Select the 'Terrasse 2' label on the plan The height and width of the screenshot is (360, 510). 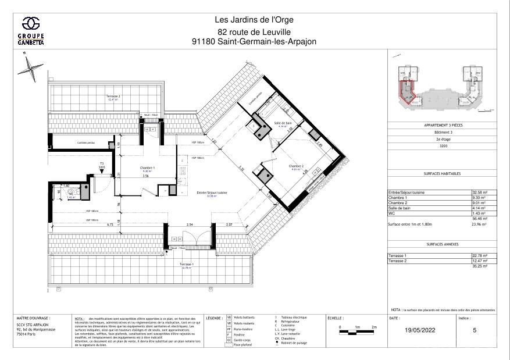(113, 96)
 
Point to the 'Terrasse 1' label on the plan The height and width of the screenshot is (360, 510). (187, 264)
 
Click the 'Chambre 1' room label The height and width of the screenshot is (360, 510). (145, 168)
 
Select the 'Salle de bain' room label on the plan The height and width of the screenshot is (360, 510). (283, 123)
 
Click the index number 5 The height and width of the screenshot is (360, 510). (475, 330)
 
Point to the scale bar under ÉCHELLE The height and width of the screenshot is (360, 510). (356, 331)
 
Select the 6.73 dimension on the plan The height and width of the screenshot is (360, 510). (60, 224)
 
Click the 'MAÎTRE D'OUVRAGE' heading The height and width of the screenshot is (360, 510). (34, 318)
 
